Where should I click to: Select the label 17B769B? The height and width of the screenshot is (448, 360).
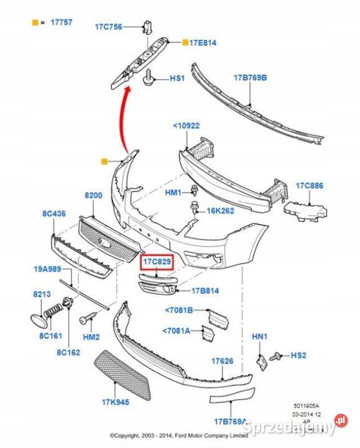coord(250,78)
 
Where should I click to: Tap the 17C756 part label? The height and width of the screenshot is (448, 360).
coord(109,27)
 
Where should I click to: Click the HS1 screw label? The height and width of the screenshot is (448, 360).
coord(178,79)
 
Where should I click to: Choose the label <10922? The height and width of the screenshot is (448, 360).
coord(186,126)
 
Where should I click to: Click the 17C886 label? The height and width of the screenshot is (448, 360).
coord(309,186)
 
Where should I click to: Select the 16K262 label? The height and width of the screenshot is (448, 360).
coord(220,211)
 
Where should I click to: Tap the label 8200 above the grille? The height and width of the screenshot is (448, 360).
coord(93,195)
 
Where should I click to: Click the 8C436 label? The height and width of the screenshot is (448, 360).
coord(53,214)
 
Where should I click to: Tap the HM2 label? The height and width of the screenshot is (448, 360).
coord(91,337)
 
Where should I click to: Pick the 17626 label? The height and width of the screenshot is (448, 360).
coord(222,360)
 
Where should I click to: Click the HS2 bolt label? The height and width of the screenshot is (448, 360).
coord(298,355)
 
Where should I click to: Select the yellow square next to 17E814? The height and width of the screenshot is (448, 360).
coord(185,43)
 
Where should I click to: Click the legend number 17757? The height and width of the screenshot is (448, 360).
coord(61,22)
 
